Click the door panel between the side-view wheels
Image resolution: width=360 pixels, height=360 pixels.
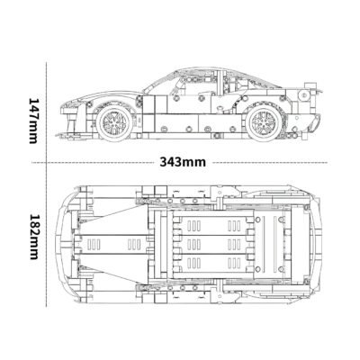189,112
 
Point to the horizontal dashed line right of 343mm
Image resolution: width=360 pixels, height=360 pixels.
270,163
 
